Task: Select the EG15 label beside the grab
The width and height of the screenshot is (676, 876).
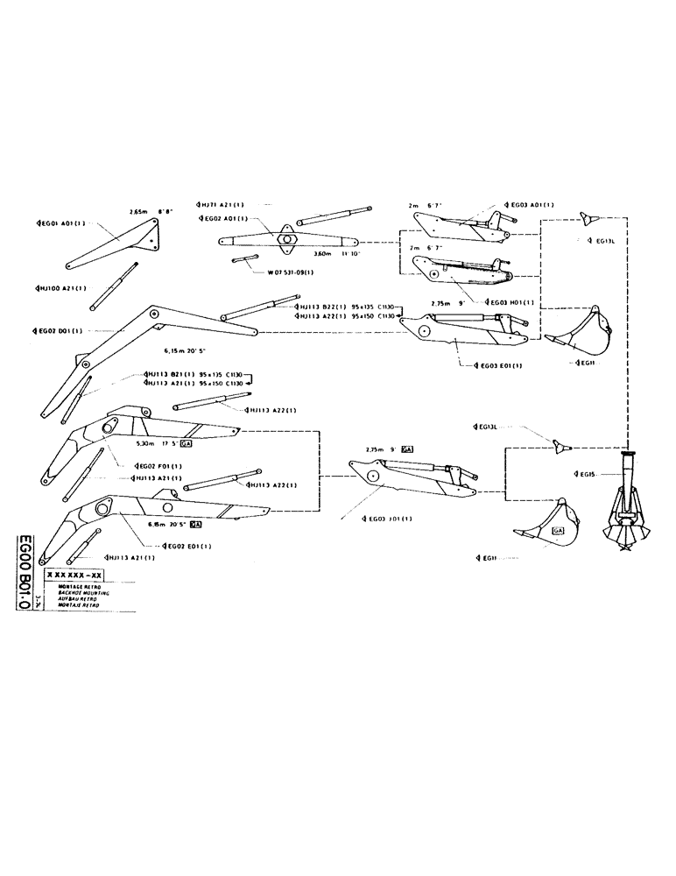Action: coord(584,474)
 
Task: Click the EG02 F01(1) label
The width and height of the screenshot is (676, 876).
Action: coord(156,465)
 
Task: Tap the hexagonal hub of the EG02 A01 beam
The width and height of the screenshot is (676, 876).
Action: coord(287,237)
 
